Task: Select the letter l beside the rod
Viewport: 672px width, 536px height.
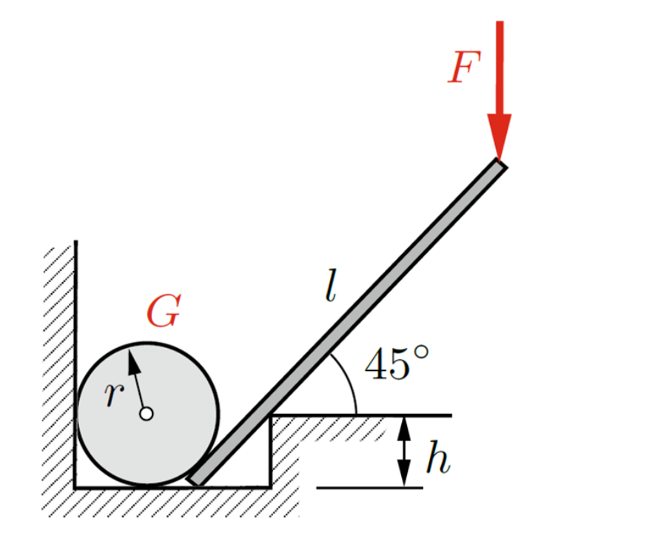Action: click(331, 288)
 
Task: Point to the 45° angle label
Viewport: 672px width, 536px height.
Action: click(396, 364)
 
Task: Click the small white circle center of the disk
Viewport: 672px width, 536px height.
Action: click(147, 414)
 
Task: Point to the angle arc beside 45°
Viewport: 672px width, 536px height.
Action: click(346, 381)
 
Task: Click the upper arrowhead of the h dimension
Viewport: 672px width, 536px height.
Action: click(403, 426)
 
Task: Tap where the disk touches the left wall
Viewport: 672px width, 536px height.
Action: click(76, 414)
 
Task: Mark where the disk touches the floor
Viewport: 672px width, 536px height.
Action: click(147, 486)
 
